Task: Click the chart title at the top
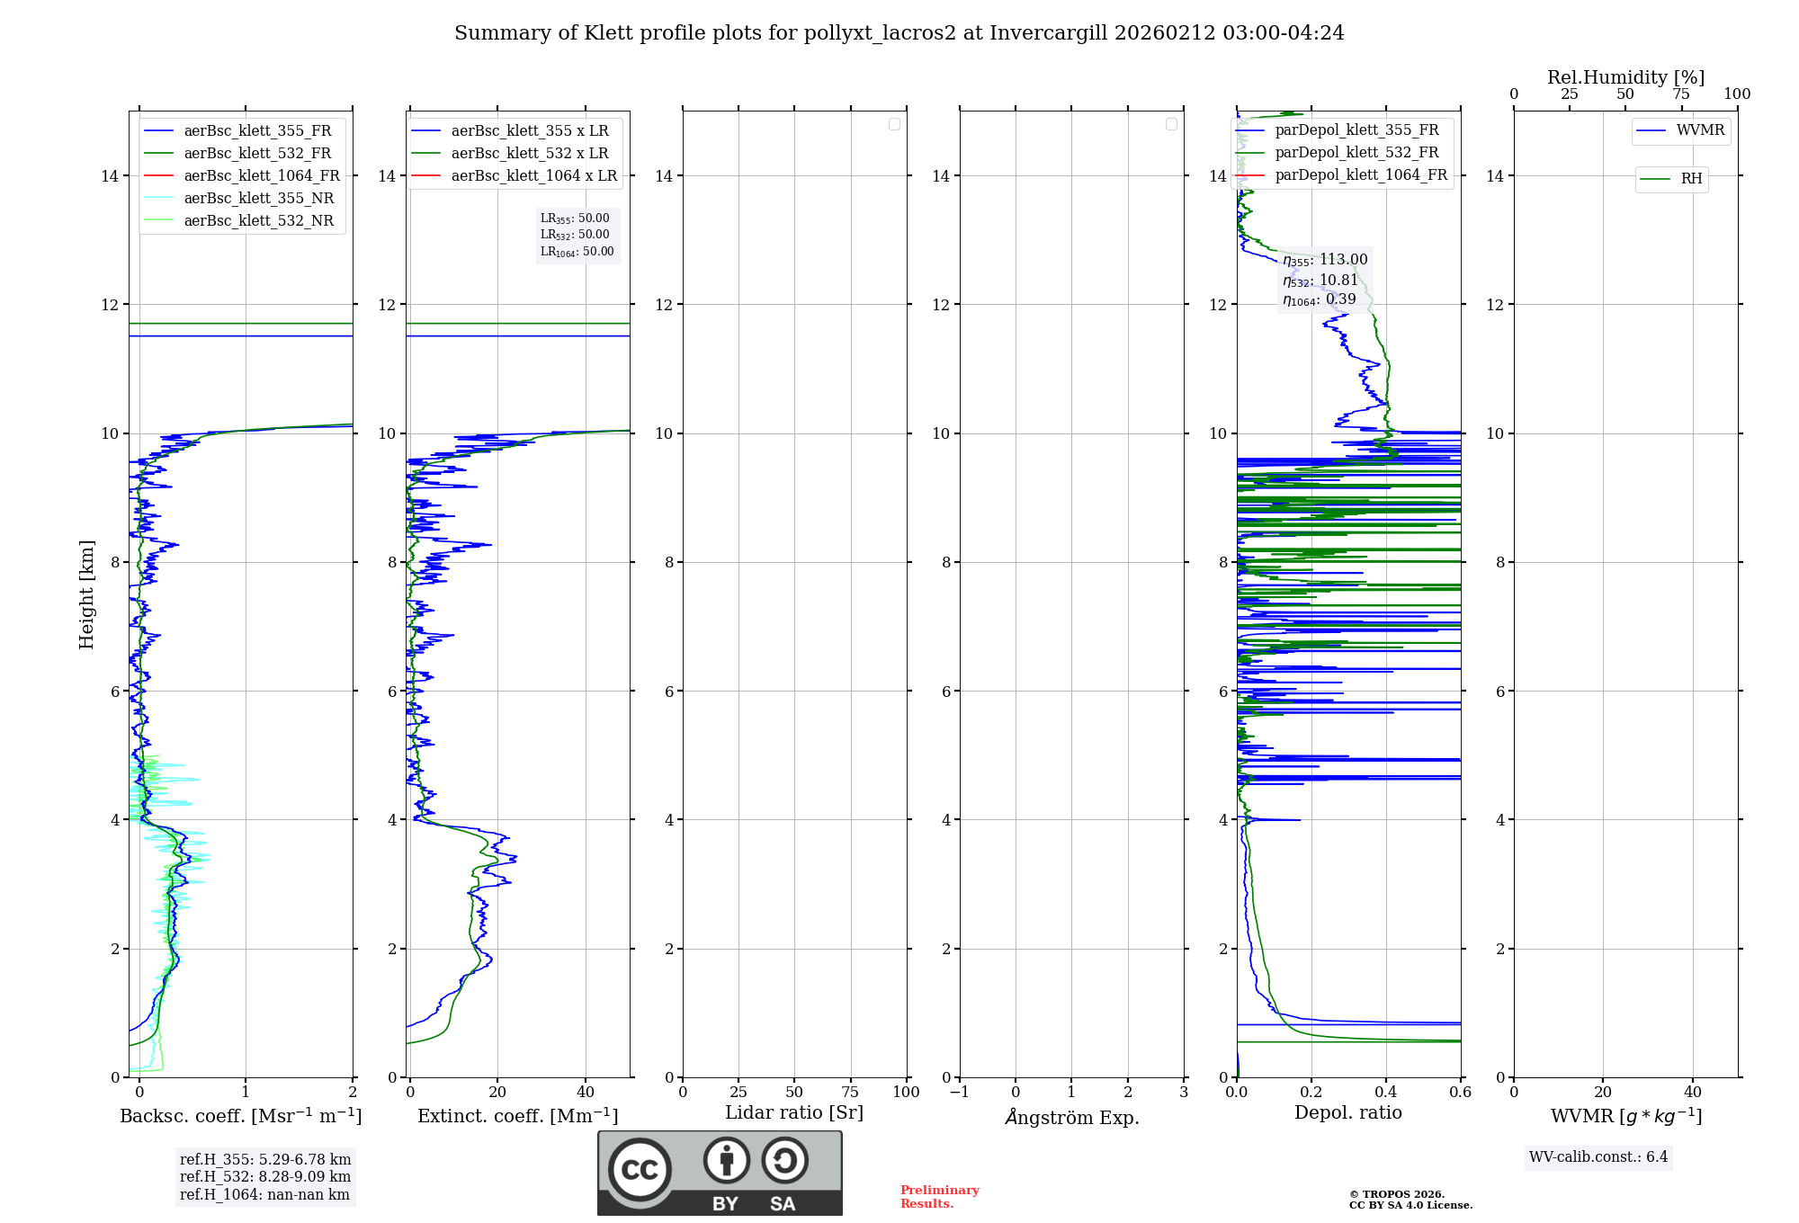pos(899,33)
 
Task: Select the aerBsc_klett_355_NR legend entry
pos(258,198)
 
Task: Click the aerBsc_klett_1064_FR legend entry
pos(262,175)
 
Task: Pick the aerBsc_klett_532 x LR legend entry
pos(530,153)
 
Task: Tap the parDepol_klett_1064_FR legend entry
pos(1361,174)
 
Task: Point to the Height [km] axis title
pos(86,594)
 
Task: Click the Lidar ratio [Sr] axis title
pos(794,1112)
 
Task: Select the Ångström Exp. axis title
pos(1071,1117)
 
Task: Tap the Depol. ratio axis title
pos(1347,1112)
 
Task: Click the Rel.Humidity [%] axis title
pos(1625,77)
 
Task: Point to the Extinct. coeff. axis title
pos(517,1116)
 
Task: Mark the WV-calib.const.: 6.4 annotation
pos(1598,1156)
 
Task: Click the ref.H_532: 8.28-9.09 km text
pos(265,1176)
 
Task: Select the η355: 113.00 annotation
pos(1325,260)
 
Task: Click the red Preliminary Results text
pos(939,1196)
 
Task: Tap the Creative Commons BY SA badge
pos(720,1173)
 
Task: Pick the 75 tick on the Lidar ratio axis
pos(850,1092)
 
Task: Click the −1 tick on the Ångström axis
pos(960,1092)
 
